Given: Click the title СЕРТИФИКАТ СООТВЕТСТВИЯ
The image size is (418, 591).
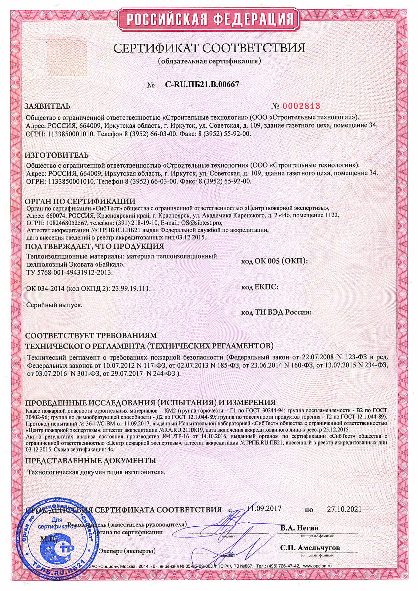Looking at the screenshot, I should pyautogui.click(x=209, y=48).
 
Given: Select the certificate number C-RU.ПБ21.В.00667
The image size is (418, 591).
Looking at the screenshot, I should pyautogui.click(x=202, y=84).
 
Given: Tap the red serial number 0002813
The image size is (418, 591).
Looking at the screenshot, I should pyautogui.click(x=301, y=106).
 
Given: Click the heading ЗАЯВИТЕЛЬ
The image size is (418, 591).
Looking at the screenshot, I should pyautogui.click(x=47, y=106).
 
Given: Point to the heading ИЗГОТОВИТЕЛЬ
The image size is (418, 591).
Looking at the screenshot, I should pyautogui.click(x=57, y=155).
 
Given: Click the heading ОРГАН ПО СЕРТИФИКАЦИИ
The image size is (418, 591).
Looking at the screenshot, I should pyautogui.click(x=80, y=201).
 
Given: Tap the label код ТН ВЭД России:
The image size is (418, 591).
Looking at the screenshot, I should pyautogui.click(x=276, y=312).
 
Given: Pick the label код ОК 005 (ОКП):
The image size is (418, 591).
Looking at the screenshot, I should pyautogui.click(x=274, y=261).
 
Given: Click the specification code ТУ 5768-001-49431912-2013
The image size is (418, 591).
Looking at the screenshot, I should pyautogui.click(x=70, y=272).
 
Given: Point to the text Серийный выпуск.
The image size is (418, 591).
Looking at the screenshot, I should pyautogui.click(x=54, y=305).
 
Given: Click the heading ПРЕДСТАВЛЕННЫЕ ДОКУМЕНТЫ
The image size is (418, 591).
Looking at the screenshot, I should pyautogui.click(x=90, y=460).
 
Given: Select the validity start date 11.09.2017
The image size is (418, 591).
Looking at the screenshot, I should pyautogui.click(x=264, y=508).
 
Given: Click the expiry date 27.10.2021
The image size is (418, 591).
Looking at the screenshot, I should pyautogui.click(x=344, y=509).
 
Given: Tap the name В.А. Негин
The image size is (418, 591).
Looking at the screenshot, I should pyautogui.click(x=299, y=528).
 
